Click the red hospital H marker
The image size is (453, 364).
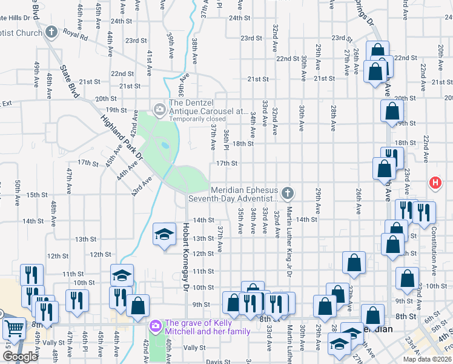(x=434, y=182)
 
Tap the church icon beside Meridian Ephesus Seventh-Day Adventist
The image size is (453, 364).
(x=288, y=193)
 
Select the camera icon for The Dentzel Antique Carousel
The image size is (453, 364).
(x=159, y=109)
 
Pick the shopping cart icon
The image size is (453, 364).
(x=13, y=328)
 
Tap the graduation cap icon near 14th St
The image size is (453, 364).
(x=163, y=235)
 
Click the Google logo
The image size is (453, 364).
(x=20, y=357)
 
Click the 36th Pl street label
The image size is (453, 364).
(x=225, y=140)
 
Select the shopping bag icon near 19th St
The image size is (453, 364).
(x=392, y=111)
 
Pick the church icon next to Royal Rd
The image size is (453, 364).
(x=51, y=32)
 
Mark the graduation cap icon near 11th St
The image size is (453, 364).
(x=122, y=275)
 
